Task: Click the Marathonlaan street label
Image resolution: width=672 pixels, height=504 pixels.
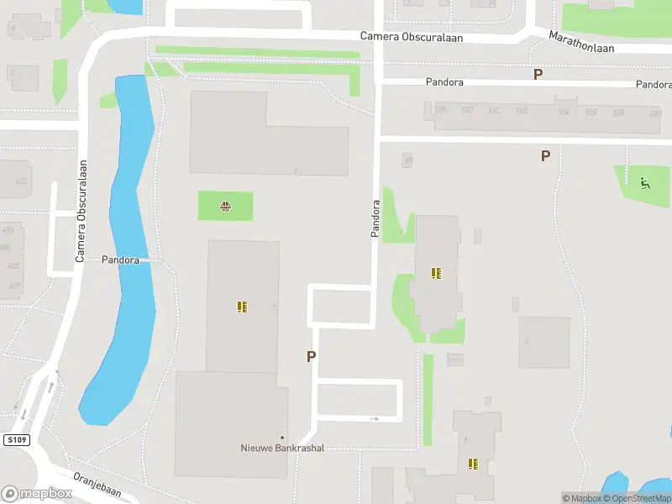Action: (x=581, y=42)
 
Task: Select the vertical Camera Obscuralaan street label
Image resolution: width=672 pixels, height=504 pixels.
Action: (x=81, y=211)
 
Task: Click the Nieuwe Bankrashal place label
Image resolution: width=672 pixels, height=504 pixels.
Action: (x=282, y=448)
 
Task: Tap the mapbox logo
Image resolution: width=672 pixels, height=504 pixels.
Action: (x=36, y=493)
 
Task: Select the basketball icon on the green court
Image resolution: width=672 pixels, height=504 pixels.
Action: (x=225, y=206)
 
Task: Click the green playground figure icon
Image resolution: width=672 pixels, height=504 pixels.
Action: (x=644, y=183)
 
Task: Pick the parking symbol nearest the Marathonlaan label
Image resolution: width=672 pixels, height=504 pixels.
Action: (x=538, y=74)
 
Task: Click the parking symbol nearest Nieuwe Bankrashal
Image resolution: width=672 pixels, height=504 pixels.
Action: (x=311, y=356)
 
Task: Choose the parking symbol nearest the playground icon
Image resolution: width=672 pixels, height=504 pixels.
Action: (x=545, y=155)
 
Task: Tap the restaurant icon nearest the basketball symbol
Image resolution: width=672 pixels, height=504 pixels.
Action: (x=242, y=307)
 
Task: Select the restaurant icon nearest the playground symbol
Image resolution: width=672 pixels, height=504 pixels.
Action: (x=436, y=273)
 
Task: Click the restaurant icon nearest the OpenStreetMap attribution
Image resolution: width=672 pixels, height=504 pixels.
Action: (x=473, y=463)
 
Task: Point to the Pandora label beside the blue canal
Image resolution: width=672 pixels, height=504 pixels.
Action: (x=120, y=260)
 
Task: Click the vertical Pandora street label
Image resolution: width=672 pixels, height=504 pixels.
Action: (x=375, y=218)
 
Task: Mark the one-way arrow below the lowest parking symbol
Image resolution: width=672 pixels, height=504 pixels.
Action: (x=374, y=418)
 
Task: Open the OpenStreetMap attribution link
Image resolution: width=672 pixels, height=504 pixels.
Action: (x=641, y=498)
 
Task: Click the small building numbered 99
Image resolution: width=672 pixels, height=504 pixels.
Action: (x=408, y=160)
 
